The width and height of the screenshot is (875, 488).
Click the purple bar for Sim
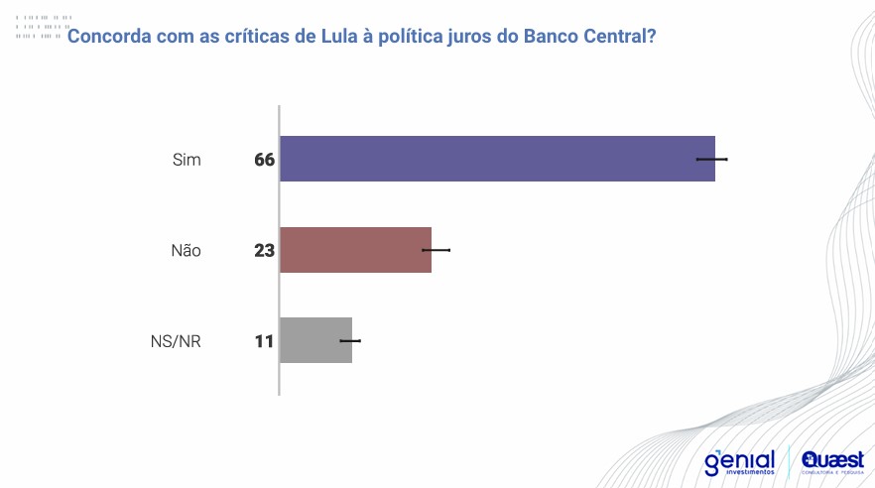[x=496, y=159]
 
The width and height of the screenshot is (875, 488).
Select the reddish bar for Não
[x=355, y=250]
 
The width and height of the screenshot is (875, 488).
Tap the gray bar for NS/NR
[x=315, y=340]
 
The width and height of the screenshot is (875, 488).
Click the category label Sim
[x=187, y=160]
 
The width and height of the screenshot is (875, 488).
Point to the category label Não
[x=186, y=251]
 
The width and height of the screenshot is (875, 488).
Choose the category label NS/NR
[x=175, y=341]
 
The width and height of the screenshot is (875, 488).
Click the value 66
[x=264, y=160]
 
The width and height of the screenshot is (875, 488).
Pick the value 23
[x=264, y=251]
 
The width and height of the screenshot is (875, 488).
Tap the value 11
[x=264, y=341]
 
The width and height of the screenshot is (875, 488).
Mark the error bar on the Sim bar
[x=712, y=159]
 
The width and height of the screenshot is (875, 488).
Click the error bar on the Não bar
[x=437, y=250]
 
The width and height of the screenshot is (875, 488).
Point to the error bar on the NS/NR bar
[x=350, y=340]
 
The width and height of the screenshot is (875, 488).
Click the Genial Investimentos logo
[x=739, y=461]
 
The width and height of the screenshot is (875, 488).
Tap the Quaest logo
[x=832, y=461]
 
